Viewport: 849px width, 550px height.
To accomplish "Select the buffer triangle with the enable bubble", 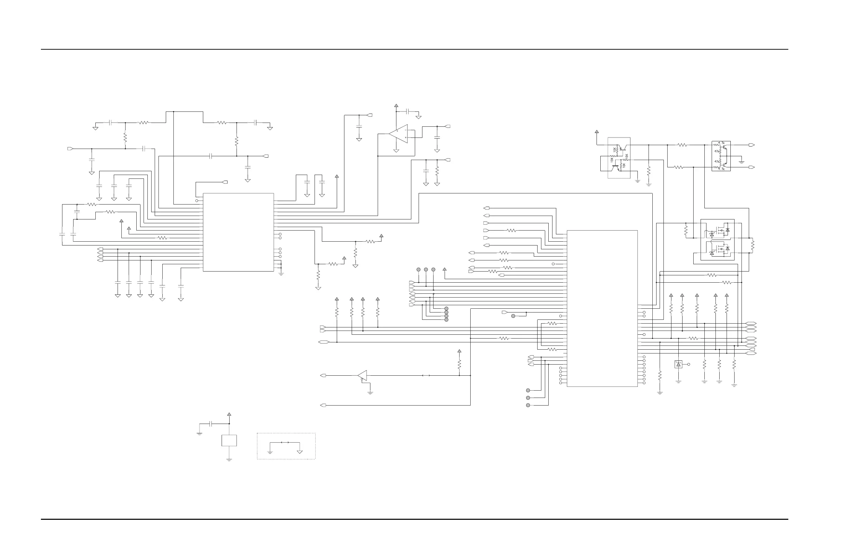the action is (362, 375).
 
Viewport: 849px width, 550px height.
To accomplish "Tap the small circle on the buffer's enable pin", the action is (362, 379).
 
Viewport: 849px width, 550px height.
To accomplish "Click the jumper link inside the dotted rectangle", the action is (285, 442).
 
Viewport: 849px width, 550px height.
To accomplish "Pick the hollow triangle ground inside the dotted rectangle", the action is (300, 452).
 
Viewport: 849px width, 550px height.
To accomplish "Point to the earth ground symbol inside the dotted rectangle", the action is (270, 452).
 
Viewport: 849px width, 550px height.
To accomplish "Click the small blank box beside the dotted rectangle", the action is (229, 440).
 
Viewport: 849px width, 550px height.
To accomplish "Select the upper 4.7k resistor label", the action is (721, 143).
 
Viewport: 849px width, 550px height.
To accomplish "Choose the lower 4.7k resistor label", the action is (721, 169).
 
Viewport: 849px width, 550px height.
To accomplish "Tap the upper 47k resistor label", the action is (717, 151).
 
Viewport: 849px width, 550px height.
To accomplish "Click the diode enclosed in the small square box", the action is (678, 364).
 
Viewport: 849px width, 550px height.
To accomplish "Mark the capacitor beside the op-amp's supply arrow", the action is (409, 111).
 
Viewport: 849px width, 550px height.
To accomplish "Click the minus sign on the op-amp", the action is (406, 131).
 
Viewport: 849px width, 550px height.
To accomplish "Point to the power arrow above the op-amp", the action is (396, 106).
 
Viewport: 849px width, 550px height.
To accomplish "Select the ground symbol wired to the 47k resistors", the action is (741, 162).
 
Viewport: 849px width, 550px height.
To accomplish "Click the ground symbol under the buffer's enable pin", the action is (370, 392).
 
